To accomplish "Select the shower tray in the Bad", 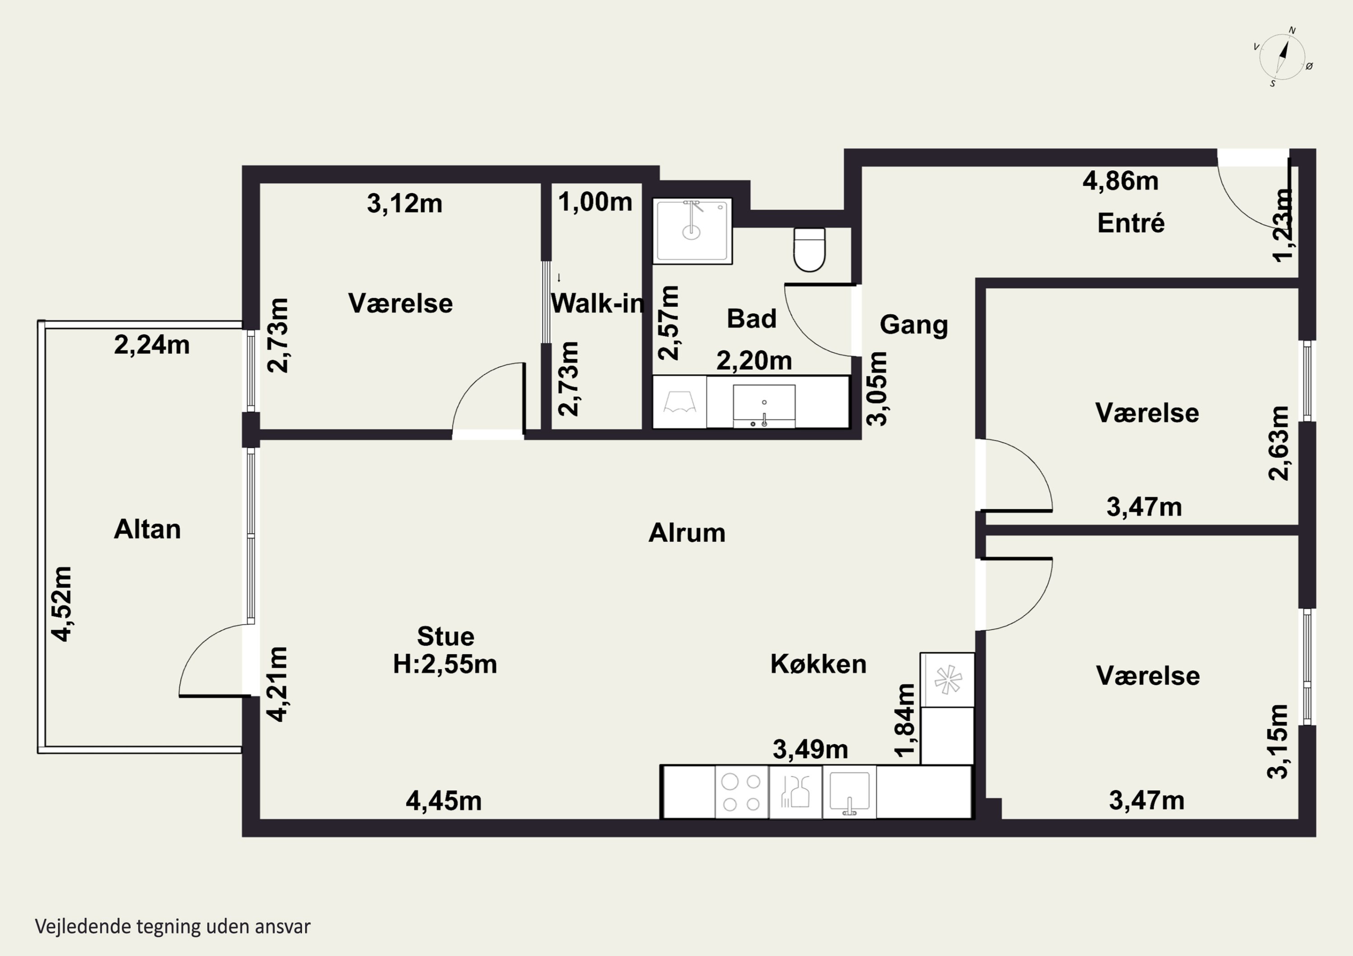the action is tap(692, 231).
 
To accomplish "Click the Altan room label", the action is tap(147, 529).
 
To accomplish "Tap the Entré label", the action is tap(1131, 223).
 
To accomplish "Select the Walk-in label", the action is tap(597, 303).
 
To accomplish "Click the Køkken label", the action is tap(819, 664).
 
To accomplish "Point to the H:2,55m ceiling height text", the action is tap(445, 664).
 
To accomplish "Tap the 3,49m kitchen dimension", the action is tap(810, 749).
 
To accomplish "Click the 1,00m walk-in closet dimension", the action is tap(595, 202).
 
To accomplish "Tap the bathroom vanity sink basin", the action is tap(764, 406).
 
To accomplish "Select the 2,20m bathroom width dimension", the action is tap(754, 361).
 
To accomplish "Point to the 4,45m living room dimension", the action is tap(444, 801).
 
